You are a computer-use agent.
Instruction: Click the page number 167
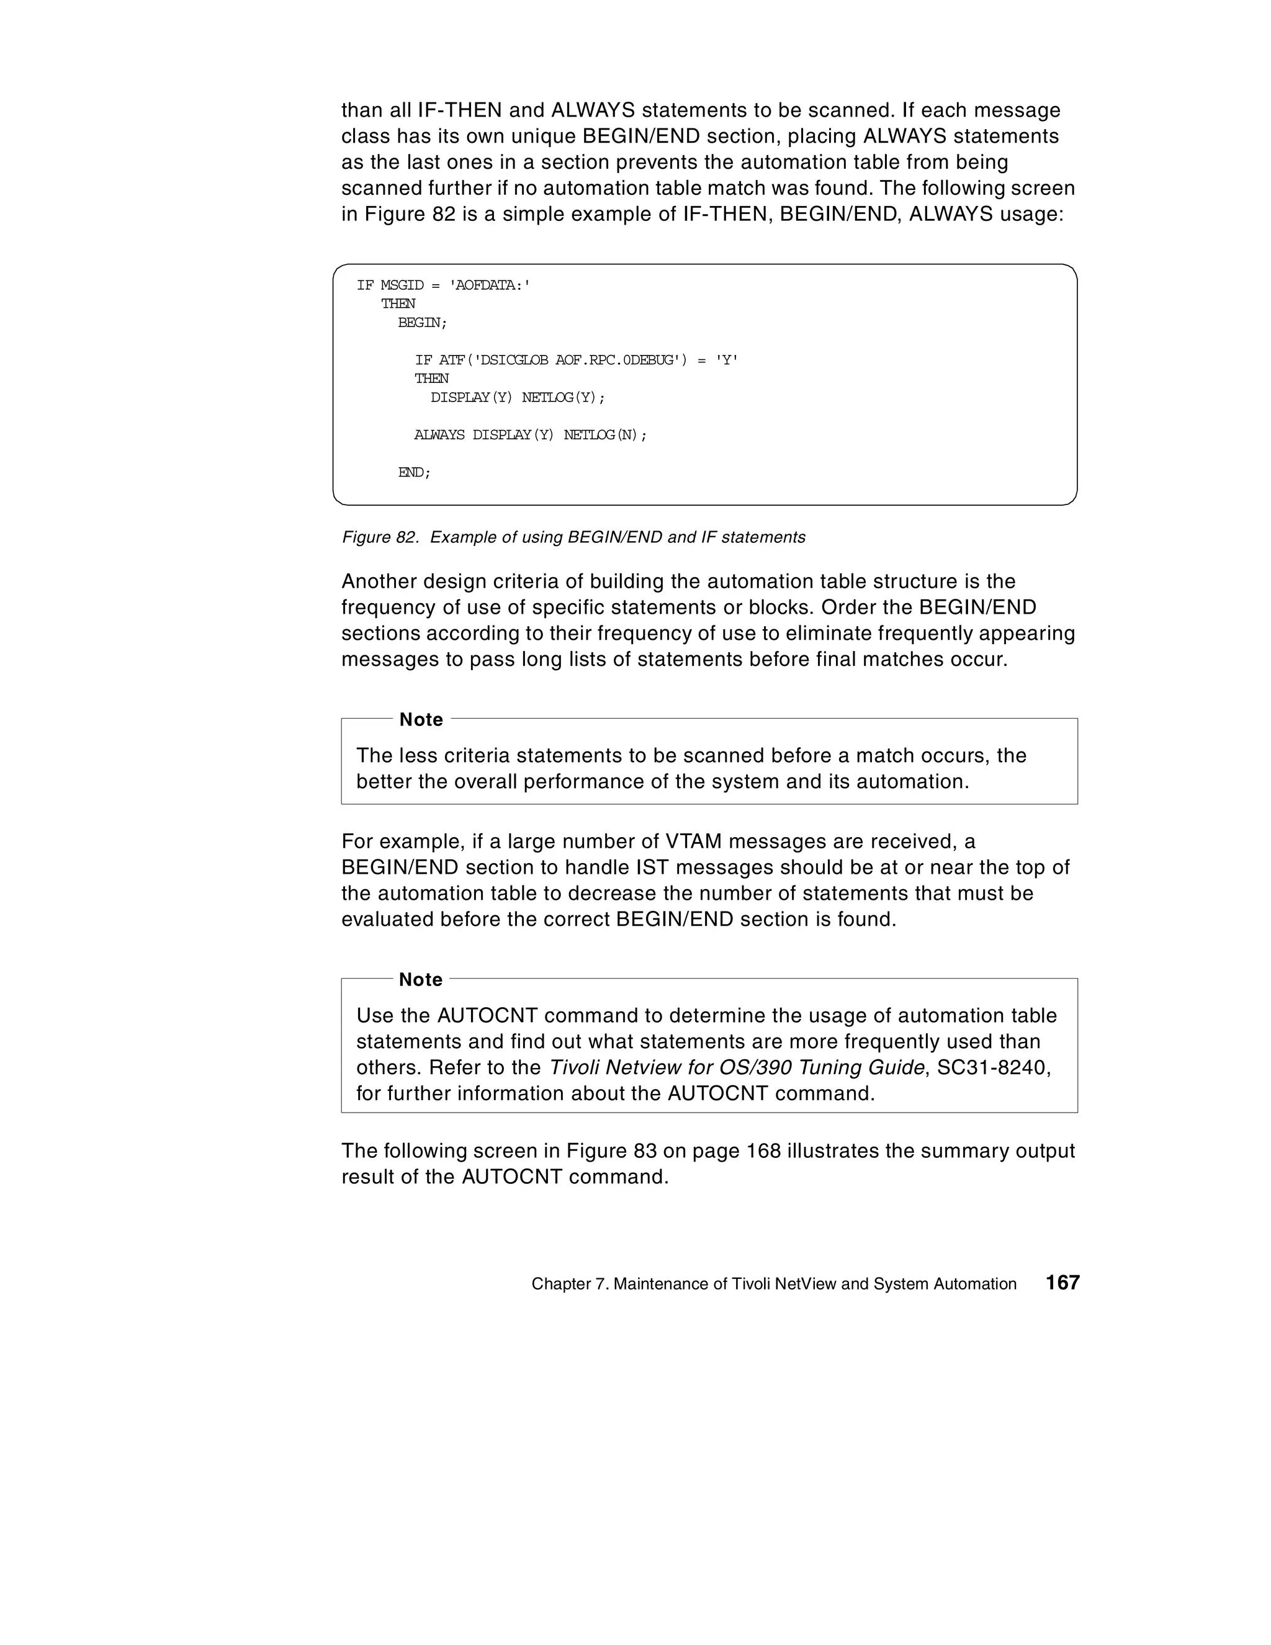click(x=1062, y=1283)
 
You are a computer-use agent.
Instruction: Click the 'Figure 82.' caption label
click(x=380, y=537)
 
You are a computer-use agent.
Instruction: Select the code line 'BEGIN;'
click(x=422, y=323)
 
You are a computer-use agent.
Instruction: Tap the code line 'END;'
click(x=415, y=472)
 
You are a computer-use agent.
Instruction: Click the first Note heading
click(x=420, y=719)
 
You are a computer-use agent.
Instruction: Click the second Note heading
click(x=420, y=979)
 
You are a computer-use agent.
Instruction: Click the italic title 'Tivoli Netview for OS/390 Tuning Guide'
click(x=736, y=1067)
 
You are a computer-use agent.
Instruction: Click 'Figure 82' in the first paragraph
click(x=410, y=214)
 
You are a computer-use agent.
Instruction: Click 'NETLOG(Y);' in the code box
click(x=564, y=397)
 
